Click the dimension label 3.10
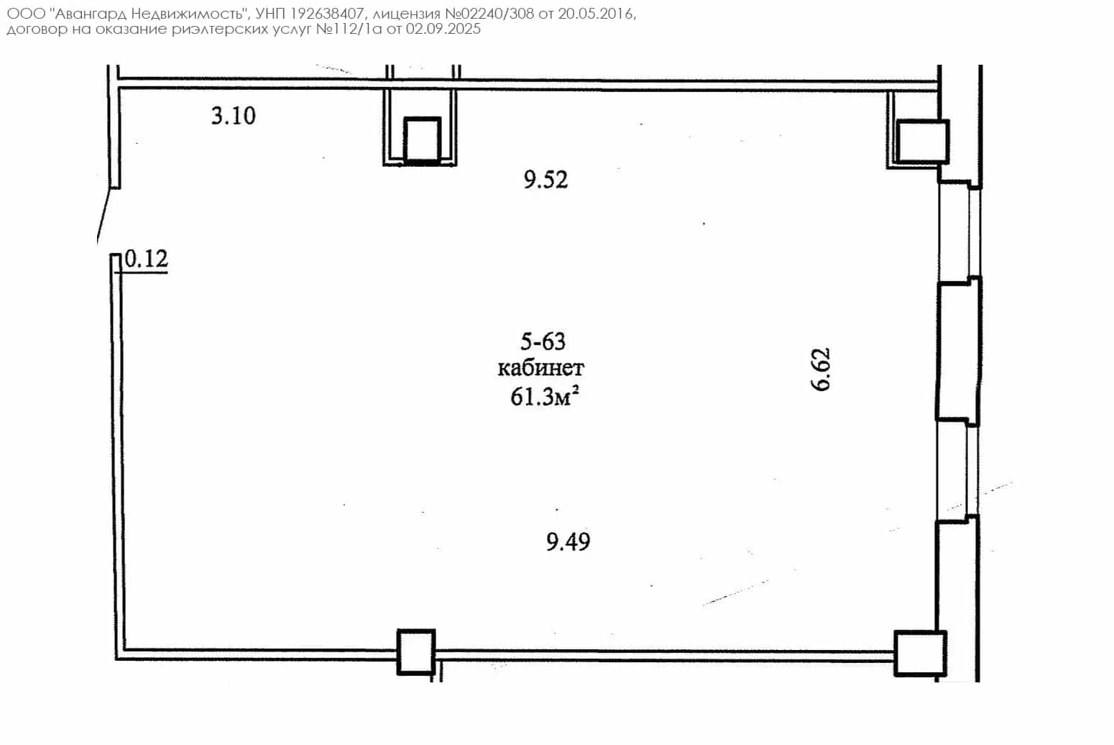[234, 116]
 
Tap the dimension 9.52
[546, 180]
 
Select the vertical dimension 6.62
[821, 370]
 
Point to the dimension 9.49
[568, 542]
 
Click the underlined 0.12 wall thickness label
[146, 259]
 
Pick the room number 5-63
[543, 342]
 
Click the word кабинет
[541, 369]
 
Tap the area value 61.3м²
[545, 397]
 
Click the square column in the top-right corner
[923, 142]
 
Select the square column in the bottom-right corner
[920, 654]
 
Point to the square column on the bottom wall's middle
[416, 652]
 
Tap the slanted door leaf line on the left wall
[104, 216]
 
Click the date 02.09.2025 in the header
[443, 29]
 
